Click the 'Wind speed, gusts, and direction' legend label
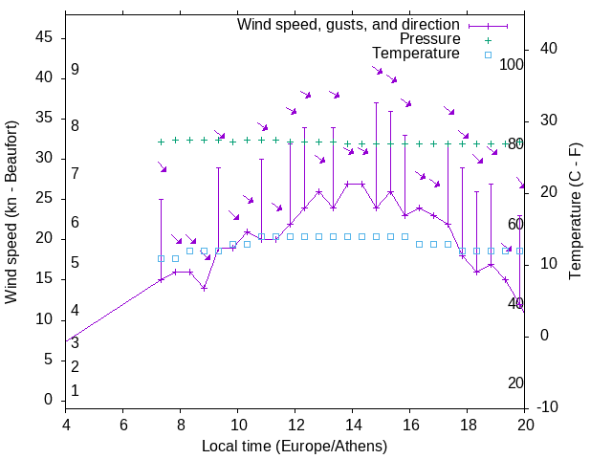coord(348,24)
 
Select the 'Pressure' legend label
coord(429,39)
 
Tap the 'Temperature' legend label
coord(416,54)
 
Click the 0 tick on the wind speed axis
coord(49,400)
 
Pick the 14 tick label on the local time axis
coord(353,424)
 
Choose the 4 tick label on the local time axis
coord(66,424)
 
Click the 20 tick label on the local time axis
coord(525,424)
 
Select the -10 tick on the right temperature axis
coord(551,407)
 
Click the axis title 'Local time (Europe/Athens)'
coord(295,446)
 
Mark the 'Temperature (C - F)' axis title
coord(575,211)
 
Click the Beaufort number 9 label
coord(75,70)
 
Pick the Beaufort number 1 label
coord(75,390)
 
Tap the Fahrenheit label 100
coord(512,64)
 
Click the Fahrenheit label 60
coord(515,223)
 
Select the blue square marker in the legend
coord(487,55)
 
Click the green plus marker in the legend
coord(487,39)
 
